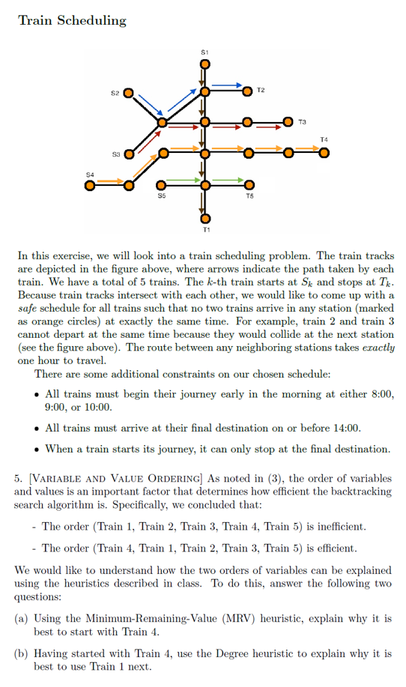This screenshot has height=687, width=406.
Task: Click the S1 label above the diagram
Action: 204,51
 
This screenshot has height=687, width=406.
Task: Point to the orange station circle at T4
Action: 324,154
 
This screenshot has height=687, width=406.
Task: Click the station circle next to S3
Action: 128,154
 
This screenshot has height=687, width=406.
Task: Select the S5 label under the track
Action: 162,196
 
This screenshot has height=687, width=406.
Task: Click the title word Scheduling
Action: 89,20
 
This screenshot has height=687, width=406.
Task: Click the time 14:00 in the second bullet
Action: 344,429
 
